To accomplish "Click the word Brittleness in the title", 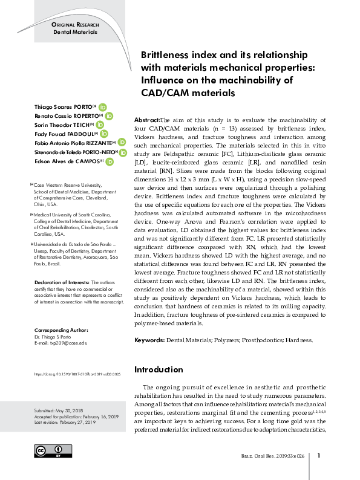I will pyautogui.click(x=163, y=54).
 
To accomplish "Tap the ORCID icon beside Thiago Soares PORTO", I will pyautogui.click(x=103, y=107).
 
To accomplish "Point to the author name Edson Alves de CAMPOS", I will pyautogui.click(x=65, y=162).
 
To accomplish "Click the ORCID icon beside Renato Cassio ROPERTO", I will pyautogui.click(x=109, y=115).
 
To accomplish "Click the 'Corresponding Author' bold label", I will pyautogui.click(x=61, y=330).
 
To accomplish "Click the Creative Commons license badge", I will pyautogui.click(x=49, y=452).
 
